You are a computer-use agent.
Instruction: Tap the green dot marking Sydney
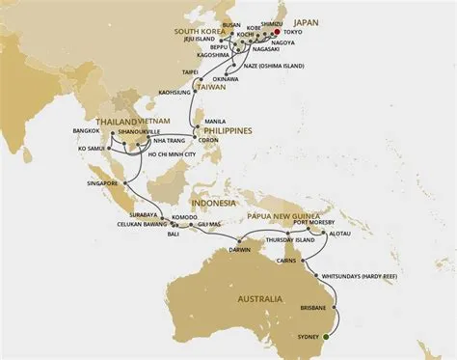(327, 336)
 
